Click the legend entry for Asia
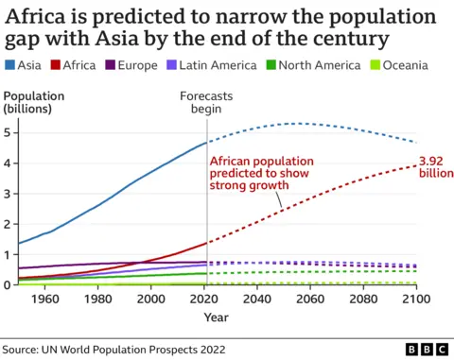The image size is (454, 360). pos(23,65)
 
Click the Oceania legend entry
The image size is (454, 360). pos(402,65)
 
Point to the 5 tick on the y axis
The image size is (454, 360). pos(9,132)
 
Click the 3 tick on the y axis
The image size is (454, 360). pos(9,194)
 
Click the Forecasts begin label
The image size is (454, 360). pos(207,102)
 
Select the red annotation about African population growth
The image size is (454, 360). pos(261,173)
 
